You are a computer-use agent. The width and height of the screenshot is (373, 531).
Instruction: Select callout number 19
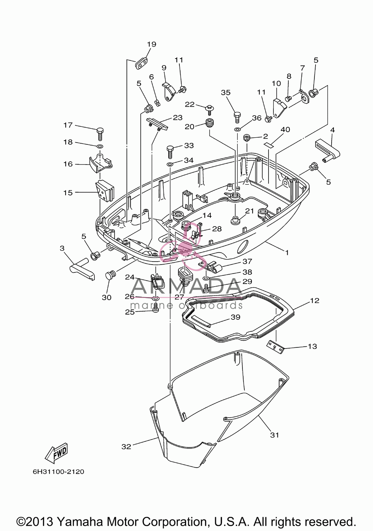coord(152,44)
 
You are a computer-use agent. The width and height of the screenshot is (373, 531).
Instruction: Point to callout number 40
coord(285,129)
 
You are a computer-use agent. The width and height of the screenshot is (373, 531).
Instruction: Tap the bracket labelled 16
coord(101,163)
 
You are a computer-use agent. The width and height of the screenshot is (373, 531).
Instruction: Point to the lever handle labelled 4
coord(328,150)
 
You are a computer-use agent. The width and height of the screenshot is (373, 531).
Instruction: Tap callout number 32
coord(126,447)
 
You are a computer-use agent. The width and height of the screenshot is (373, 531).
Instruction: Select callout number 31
coord(275,435)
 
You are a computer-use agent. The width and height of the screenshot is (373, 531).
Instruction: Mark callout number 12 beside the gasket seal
coord(315,301)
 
